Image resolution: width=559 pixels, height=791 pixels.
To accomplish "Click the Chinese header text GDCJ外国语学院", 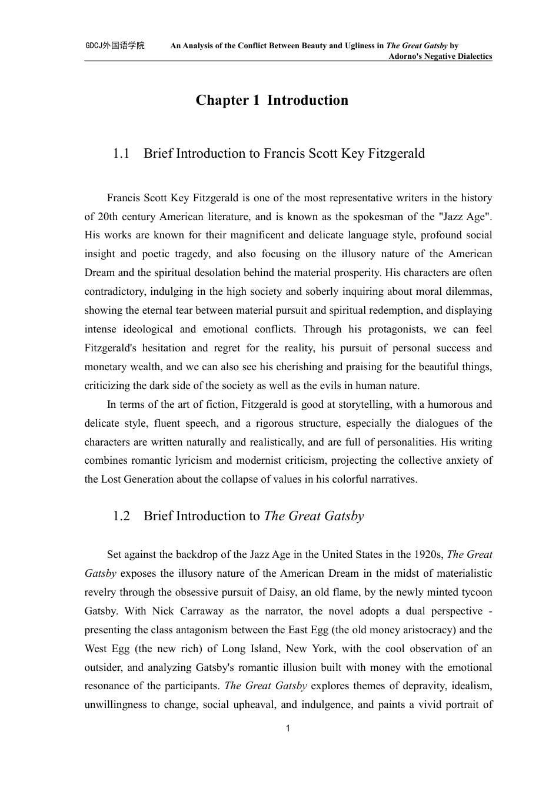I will [x=115, y=45].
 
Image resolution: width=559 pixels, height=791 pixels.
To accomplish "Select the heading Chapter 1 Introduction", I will [x=272, y=101].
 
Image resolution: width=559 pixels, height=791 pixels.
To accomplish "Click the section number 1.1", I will [x=121, y=154].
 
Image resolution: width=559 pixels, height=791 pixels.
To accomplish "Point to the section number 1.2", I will [x=121, y=516].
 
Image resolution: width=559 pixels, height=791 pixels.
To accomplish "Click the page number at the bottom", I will [x=288, y=729].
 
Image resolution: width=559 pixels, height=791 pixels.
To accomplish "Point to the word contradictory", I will [x=115, y=292].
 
